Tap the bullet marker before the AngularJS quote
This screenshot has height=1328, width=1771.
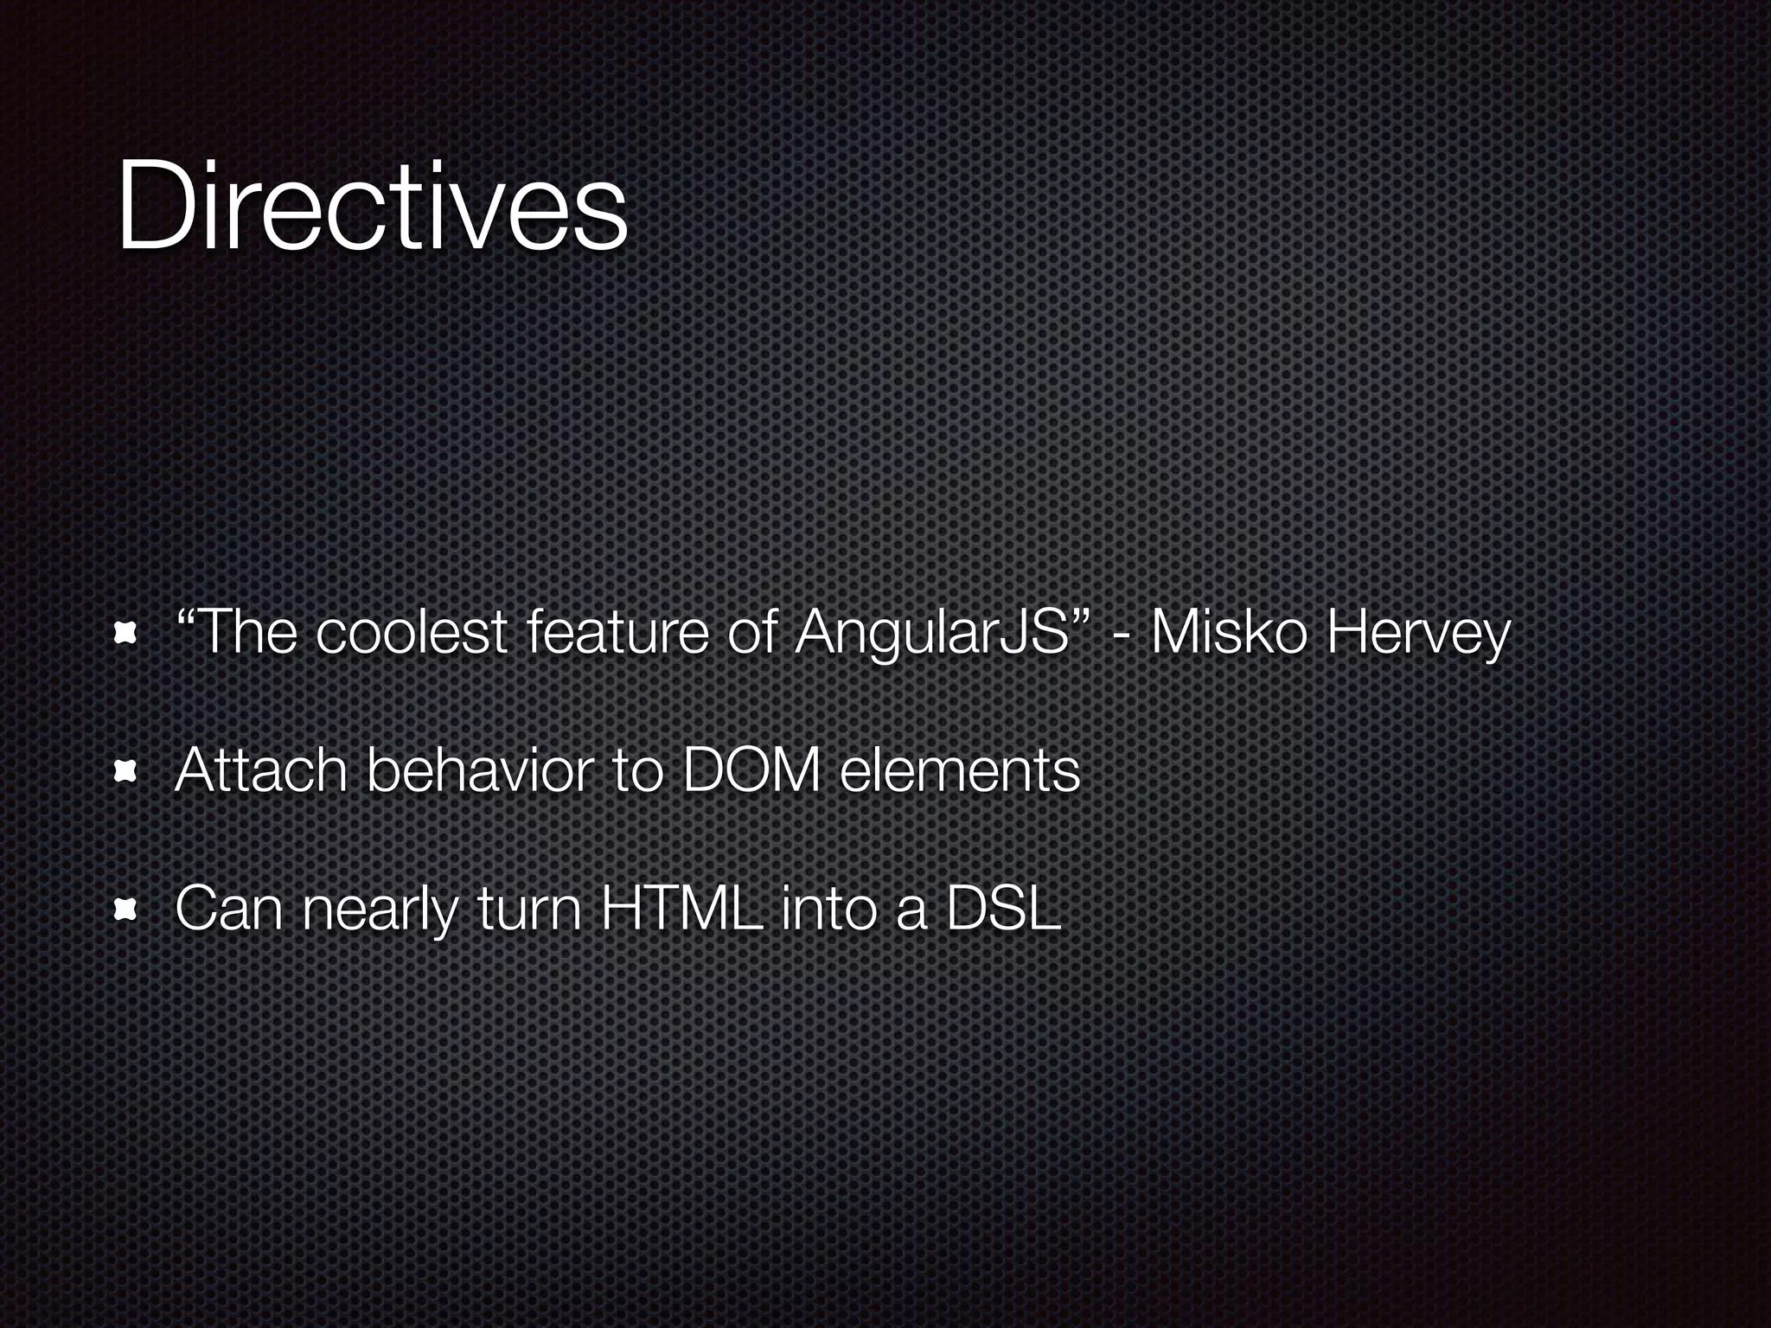[126, 636]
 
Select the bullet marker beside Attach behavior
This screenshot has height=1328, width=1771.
[126, 771]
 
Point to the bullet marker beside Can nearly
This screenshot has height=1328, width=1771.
[126, 910]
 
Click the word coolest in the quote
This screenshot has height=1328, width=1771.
[411, 634]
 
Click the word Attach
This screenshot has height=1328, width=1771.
[260, 770]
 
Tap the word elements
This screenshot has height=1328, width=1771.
[960, 770]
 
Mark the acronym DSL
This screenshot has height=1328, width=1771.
[1003, 909]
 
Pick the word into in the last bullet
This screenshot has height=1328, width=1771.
[829, 909]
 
